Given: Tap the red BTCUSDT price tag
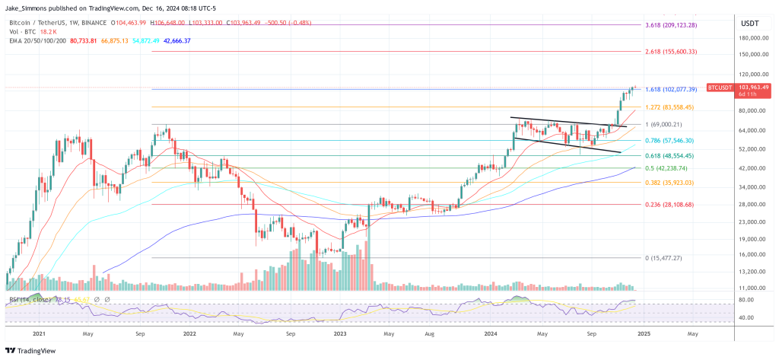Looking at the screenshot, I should [719, 88].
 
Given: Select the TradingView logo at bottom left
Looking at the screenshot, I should [33, 350].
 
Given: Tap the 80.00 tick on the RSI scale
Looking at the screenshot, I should [746, 301].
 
